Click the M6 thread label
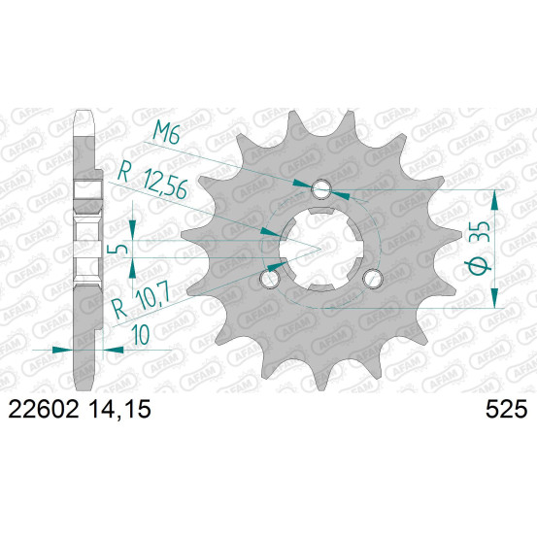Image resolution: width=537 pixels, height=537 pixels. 166,132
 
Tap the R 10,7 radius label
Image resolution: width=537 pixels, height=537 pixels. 142,301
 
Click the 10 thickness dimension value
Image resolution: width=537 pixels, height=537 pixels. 141,334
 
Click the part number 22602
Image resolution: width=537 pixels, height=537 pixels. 43,409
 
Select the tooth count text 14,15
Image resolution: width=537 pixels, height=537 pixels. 120,409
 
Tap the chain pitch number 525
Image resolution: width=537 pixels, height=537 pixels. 506,409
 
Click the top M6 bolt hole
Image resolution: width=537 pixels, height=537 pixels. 321,189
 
